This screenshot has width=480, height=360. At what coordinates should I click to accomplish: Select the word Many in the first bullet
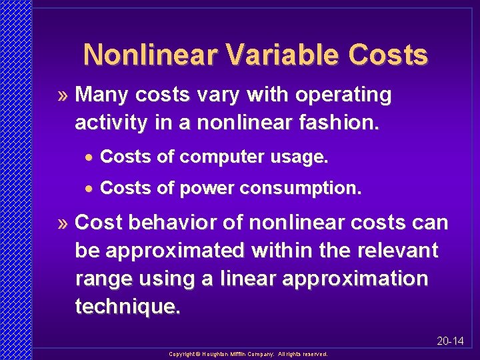coord(103,95)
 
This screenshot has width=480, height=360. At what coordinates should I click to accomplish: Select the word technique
coord(127,307)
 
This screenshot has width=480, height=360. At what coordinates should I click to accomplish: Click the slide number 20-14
coord(450,341)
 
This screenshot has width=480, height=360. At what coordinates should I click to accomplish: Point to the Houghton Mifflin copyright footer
coord(248,354)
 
